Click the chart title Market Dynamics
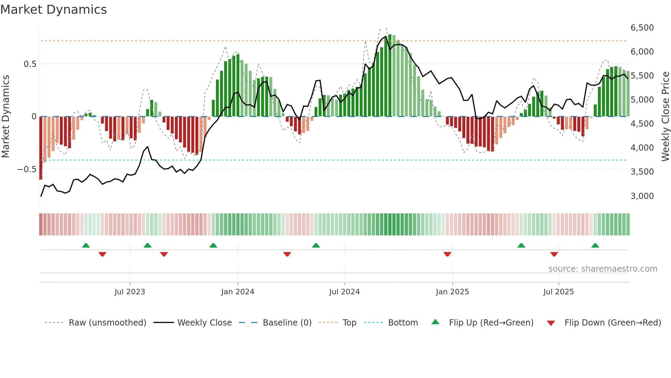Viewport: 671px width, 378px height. point(53,10)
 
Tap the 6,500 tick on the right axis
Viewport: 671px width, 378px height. point(642,28)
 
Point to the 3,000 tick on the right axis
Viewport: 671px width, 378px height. point(642,196)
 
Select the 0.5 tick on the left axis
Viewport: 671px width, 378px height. point(30,64)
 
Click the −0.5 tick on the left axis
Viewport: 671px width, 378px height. point(27,169)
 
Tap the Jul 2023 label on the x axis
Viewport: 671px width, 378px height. point(130,292)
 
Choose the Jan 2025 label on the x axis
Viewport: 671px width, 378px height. point(452,292)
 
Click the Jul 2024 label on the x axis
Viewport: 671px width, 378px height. point(344,292)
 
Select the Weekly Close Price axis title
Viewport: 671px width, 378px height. point(665,116)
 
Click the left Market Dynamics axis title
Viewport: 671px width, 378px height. point(5,116)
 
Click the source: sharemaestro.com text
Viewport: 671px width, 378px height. point(603,269)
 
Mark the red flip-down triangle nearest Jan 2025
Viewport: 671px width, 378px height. point(447,254)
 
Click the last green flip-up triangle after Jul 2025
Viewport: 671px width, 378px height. point(595,245)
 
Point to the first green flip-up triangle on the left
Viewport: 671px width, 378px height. point(86,245)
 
